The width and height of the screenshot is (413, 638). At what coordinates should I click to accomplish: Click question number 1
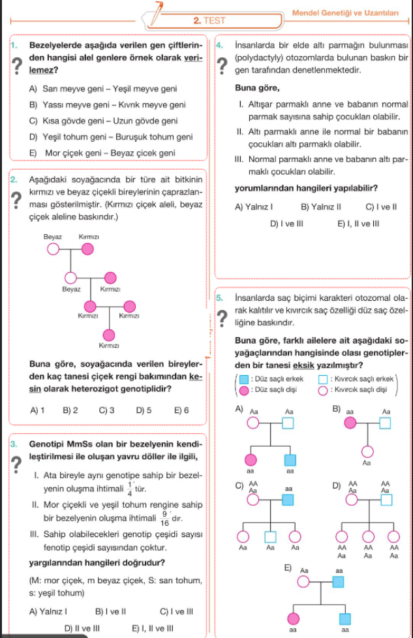pyautogui.click(x=14, y=45)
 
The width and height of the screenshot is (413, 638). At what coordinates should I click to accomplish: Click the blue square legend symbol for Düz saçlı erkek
pyautogui.click(x=243, y=379)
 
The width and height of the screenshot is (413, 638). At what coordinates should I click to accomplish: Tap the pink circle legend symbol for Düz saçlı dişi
pyautogui.click(x=243, y=390)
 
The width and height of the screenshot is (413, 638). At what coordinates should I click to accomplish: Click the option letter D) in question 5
pyautogui.click(x=336, y=485)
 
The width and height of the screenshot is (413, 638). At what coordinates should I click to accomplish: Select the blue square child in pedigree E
pyautogui.click(x=345, y=618)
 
